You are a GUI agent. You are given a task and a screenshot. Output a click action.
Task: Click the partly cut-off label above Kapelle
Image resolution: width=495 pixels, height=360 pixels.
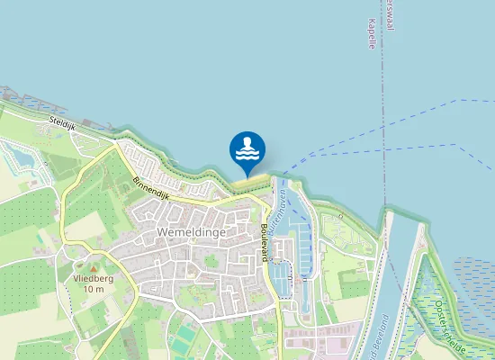click(389, 12)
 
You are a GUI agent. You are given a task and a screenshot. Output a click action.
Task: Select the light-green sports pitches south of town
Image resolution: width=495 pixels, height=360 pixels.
click(184, 338)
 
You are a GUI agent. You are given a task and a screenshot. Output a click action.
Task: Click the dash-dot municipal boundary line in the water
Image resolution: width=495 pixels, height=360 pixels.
click(383, 117)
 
